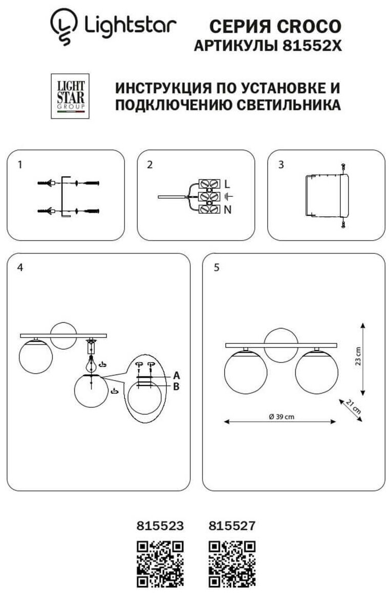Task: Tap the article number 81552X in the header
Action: [312, 46]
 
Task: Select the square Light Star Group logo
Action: [70, 96]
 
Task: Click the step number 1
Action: [19, 165]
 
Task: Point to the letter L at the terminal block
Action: [227, 184]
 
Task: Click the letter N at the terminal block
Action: [227, 209]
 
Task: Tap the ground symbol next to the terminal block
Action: [228, 196]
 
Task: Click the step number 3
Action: [281, 165]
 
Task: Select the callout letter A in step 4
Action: [176, 375]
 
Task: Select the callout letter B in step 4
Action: [176, 386]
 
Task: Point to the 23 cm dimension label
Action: [358, 356]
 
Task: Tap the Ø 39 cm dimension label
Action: [281, 416]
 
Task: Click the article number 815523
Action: [160, 525]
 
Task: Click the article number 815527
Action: [232, 525]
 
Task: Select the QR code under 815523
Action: [160, 564]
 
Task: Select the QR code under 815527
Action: [232, 564]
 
